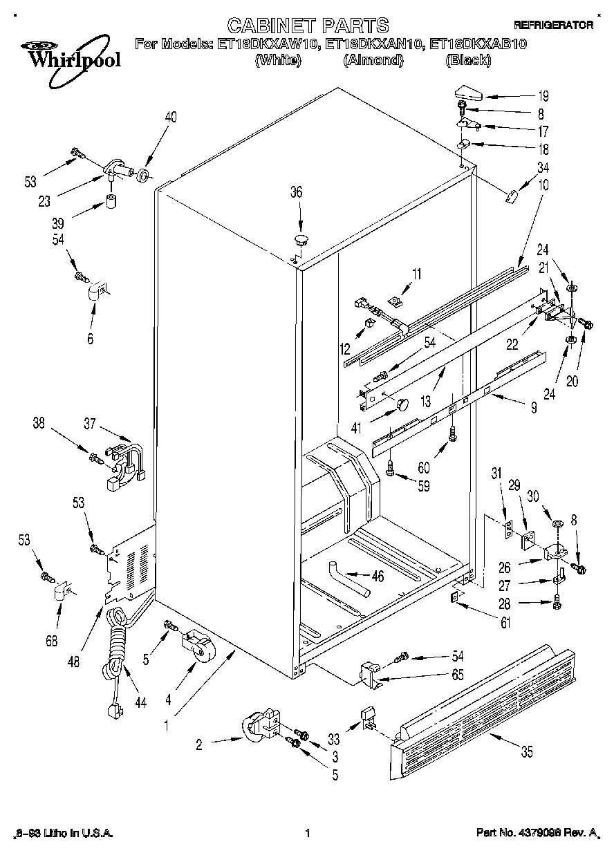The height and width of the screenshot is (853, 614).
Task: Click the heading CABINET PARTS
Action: [308, 26]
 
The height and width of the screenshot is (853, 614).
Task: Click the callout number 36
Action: [296, 193]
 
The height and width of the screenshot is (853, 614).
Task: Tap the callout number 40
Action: [170, 118]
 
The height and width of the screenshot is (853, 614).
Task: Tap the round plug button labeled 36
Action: [300, 240]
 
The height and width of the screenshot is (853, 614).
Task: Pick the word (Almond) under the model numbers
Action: [373, 61]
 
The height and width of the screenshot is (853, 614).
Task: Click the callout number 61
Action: [505, 624]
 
